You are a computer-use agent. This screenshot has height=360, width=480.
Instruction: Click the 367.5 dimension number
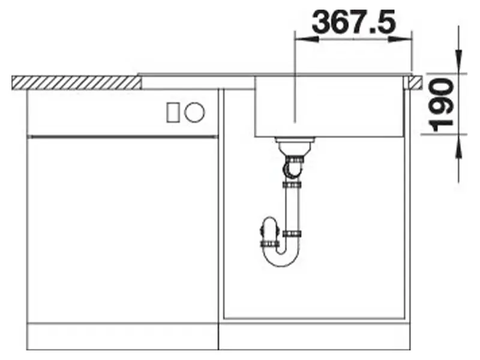(x=354, y=22)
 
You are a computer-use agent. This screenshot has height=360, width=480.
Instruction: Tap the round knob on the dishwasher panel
(x=194, y=112)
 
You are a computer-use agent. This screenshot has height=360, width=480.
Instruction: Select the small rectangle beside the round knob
(x=173, y=113)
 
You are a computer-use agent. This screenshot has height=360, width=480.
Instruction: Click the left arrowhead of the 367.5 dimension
(x=306, y=39)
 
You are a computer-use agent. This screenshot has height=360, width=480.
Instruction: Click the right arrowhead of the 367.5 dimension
(x=400, y=39)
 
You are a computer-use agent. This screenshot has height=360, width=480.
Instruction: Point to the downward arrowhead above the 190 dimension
(x=458, y=62)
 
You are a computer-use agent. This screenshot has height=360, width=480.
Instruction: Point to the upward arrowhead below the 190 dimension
(x=458, y=146)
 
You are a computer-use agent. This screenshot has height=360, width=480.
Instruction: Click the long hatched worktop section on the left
(x=77, y=83)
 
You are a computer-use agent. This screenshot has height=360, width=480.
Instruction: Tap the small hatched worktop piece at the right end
(x=416, y=83)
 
